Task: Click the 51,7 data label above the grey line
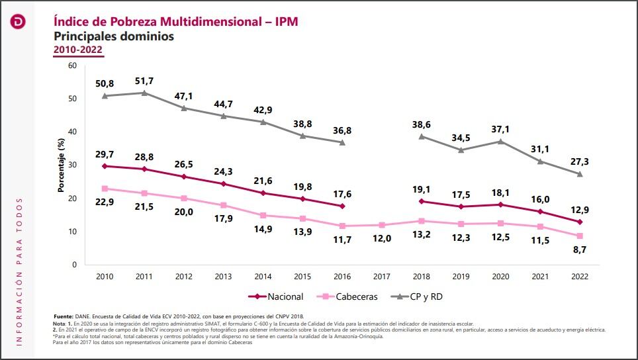tap(144, 81)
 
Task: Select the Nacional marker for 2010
tap(105, 166)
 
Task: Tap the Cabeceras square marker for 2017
tap(382, 225)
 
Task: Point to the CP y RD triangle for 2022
tap(580, 174)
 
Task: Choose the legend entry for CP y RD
tap(417, 296)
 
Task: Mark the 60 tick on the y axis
tap(73, 66)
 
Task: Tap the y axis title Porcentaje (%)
tap(60, 165)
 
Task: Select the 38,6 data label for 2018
tap(422, 124)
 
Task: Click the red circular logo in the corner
tap(18, 22)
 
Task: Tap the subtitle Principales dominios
tap(114, 36)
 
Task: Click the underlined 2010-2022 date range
tap(77, 50)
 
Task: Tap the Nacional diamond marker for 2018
tap(422, 201)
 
